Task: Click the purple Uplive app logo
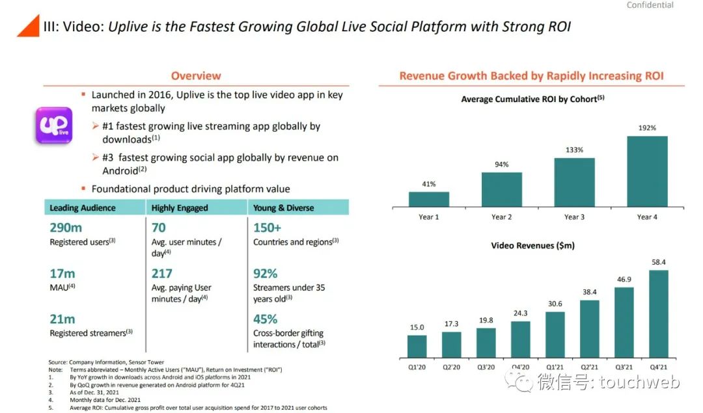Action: [x=54, y=126]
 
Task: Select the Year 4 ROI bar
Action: [x=647, y=171]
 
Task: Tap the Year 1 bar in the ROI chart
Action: [x=428, y=199]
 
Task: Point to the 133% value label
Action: [x=574, y=150]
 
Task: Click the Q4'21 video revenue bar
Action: [x=659, y=314]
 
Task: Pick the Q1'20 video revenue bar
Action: [x=417, y=347]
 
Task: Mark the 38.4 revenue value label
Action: [x=590, y=292]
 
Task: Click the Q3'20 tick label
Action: [x=486, y=367]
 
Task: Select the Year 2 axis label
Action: [x=501, y=217]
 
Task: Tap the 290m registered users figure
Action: [x=66, y=228]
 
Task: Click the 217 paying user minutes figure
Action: [x=161, y=273]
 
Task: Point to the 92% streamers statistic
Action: [x=265, y=273]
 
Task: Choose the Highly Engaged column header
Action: [x=180, y=208]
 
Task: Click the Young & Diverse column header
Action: [x=283, y=208]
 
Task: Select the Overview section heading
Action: [x=196, y=75]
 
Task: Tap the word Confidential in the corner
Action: [x=650, y=5]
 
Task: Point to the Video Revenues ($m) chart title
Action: [x=532, y=245]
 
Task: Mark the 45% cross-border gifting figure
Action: [x=265, y=319]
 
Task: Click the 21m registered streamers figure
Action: [x=62, y=319]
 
